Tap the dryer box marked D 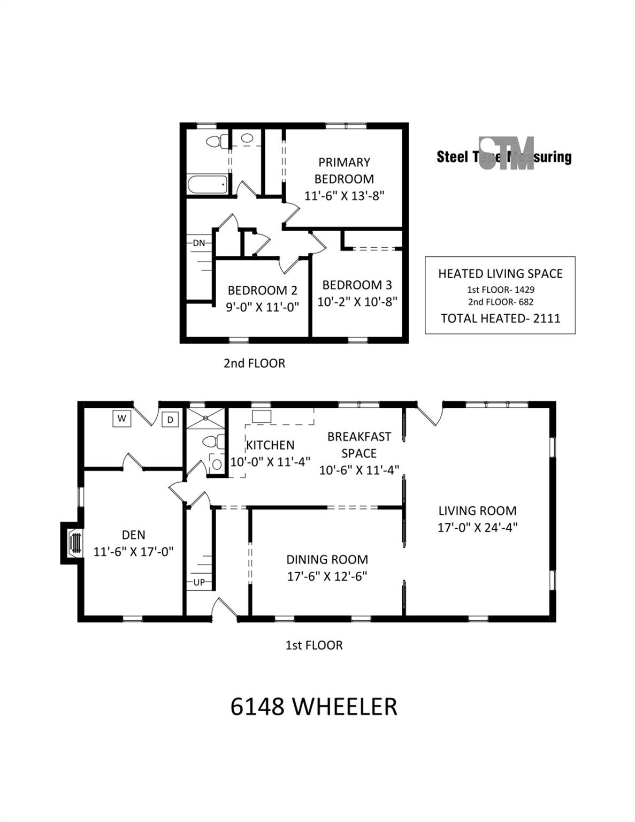tap(170, 420)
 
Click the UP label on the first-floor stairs tap(199, 583)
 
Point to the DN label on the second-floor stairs tap(199, 243)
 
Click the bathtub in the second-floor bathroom tap(208, 185)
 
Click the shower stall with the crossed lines tap(205, 418)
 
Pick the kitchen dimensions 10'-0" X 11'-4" tap(271, 462)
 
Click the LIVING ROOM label tap(477, 511)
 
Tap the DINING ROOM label tap(327, 559)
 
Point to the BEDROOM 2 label tap(263, 290)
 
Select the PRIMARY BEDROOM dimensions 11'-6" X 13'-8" tap(345, 196)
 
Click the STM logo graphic tap(507, 153)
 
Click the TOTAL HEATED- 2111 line tap(500, 318)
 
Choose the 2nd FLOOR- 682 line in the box tap(501, 302)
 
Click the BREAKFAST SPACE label tap(359, 445)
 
